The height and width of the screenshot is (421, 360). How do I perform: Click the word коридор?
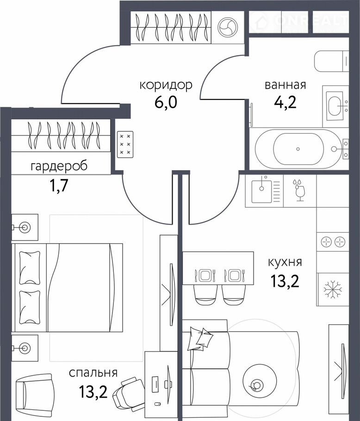click(166, 86)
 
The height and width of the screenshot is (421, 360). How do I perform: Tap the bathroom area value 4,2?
click(285, 102)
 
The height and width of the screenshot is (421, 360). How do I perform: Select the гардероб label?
click(59, 167)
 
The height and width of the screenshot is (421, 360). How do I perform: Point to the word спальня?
click(93, 373)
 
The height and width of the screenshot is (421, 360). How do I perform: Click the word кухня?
click(285, 262)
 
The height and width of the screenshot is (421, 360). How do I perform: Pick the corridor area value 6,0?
click(166, 102)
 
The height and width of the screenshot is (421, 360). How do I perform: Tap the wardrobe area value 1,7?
click(58, 186)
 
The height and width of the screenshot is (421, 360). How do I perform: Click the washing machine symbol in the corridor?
click(228, 27)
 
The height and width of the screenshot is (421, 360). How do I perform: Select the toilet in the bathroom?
click(331, 61)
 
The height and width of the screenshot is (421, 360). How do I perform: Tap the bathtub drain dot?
click(298, 149)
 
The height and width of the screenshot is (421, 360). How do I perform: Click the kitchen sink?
click(261, 192)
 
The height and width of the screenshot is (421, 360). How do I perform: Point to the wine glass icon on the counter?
click(299, 190)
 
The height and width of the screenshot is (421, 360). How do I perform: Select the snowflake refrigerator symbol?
click(333, 290)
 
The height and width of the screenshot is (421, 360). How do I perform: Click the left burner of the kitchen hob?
click(326, 242)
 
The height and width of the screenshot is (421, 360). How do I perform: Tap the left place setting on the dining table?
click(205, 275)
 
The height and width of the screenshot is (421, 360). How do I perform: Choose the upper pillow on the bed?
click(30, 268)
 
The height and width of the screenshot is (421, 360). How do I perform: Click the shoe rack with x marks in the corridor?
click(125, 144)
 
